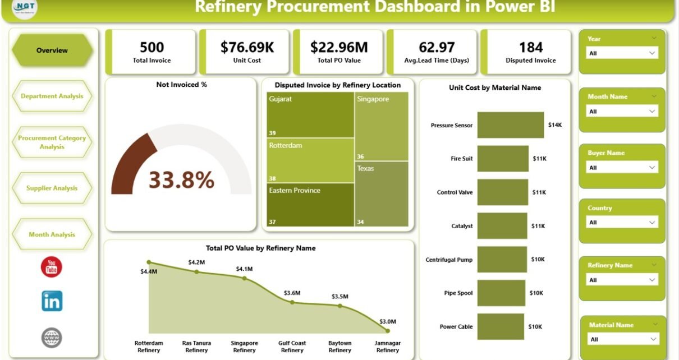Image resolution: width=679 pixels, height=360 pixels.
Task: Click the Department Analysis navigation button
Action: coord(52,96)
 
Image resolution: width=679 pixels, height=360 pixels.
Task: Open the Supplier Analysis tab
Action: coord(52,188)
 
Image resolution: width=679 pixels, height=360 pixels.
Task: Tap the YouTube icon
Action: coord(52,267)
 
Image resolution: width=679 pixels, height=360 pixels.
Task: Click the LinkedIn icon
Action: coord(52,301)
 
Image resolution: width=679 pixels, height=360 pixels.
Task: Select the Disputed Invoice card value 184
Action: coord(530,47)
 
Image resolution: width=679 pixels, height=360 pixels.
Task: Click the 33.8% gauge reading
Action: coord(181,180)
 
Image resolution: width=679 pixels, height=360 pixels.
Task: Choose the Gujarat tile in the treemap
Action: coord(310,115)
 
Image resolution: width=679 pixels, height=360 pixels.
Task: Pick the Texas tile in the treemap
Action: coord(382,193)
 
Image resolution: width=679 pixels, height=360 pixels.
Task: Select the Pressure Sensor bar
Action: coord(511,125)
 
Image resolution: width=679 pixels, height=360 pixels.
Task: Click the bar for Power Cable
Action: coord(502,326)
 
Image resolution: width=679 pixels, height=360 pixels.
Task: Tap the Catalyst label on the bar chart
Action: coord(462,226)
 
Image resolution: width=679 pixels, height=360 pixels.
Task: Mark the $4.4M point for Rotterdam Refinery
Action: coord(149,262)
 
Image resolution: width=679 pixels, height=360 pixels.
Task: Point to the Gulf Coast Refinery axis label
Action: coord(292,347)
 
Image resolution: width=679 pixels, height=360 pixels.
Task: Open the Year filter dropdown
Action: coord(622,53)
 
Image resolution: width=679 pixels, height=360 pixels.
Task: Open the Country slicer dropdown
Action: coord(622,222)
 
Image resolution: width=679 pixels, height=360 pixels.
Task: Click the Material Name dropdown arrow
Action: coord(653,339)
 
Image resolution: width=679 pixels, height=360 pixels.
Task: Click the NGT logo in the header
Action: coord(25,8)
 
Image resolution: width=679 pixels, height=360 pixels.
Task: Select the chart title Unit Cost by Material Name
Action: coord(494,87)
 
